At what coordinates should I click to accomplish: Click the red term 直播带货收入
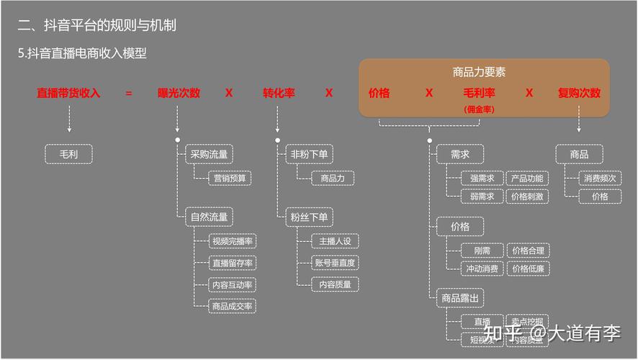click(x=68, y=93)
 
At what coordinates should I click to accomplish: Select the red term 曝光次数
click(x=179, y=93)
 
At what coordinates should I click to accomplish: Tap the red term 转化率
click(x=279, y=93)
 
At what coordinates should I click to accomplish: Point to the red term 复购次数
click(x=579, y=93)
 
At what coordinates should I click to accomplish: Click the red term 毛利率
click(x=479, y=93)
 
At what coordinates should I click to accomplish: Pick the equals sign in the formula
click(x=129, y=93)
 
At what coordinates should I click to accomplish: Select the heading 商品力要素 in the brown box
click(x=479, y=72)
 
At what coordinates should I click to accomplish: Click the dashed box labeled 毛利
click(x=69, y=154)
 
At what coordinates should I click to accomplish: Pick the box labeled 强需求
click(x=482, y=178)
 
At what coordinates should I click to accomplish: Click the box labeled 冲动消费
click(x=482, y=269)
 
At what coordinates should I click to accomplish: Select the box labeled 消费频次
click(x=600, y=178)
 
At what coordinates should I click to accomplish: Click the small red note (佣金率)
click(x=479, y=109)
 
